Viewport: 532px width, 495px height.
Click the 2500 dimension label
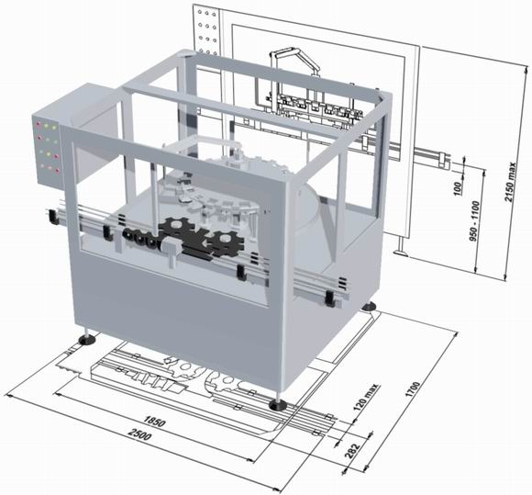139,434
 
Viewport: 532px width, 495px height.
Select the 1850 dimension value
154,422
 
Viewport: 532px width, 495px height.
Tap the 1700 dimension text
413,389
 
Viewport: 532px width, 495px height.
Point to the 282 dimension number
352,451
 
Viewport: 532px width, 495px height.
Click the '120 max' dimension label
366,398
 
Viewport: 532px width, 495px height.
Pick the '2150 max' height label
510,182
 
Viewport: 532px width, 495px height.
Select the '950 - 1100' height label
474,221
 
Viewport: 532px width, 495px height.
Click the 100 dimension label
458,188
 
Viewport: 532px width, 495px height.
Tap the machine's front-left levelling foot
87,338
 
